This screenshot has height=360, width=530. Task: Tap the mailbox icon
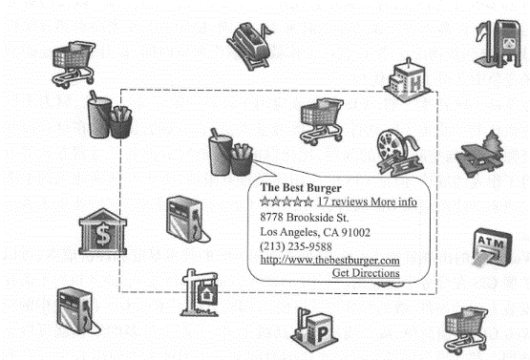(493, 40)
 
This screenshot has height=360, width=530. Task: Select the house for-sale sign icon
(202, 294)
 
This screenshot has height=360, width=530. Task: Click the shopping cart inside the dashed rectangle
(322, 121)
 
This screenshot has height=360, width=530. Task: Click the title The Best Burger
(301, 188)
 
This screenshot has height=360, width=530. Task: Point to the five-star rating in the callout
(286, 201)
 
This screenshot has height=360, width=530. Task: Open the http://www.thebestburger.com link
(329, 260)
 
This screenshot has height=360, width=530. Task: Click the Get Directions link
(366, 273)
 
